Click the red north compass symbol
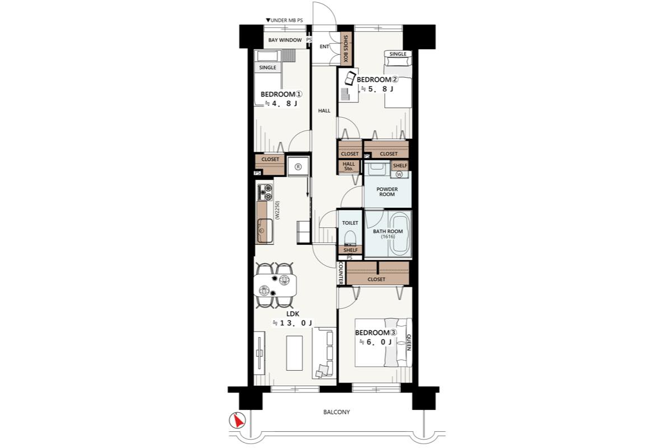coord(237,421)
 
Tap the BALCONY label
coord(337,412)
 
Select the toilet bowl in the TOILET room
coord(349,237)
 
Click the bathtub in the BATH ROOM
coord(400,232)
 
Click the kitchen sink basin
coord(265,231)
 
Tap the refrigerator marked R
coord(298,166)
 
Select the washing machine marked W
coord(399,174)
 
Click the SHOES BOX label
coord(346,49)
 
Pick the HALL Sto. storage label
coord(348,166)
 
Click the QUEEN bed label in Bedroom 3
coord(408,343)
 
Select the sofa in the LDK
coord(324,353)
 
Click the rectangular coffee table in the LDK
coord(295,353)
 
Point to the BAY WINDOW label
coord(285,40)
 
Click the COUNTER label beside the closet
coord(341,273)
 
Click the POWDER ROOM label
coord(387,192)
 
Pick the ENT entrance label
coord(324,46)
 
